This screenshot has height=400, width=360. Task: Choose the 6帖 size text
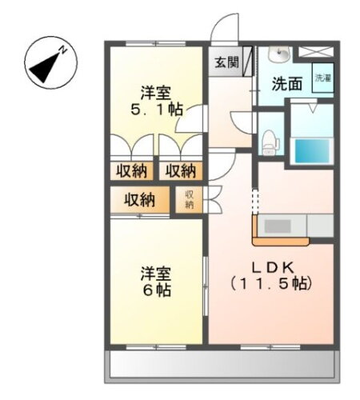point(157,290)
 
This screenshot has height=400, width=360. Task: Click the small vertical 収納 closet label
point(190,199)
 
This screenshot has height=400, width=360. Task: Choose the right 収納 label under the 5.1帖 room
point(181,170)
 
